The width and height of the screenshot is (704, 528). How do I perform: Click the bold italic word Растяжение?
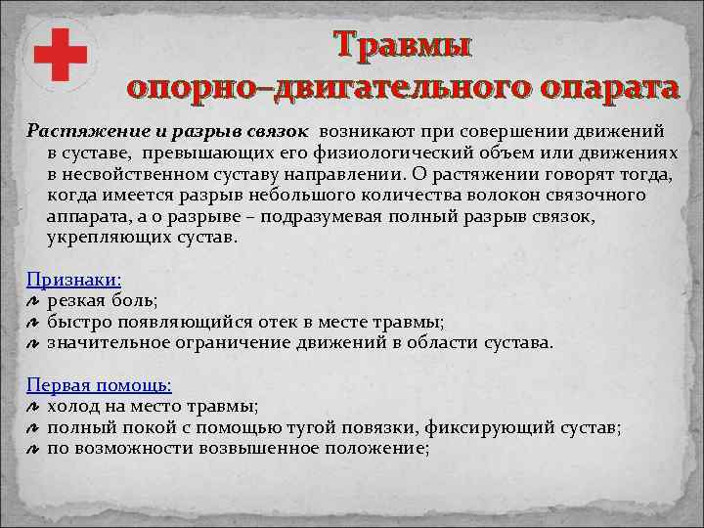(x=75, y=130)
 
